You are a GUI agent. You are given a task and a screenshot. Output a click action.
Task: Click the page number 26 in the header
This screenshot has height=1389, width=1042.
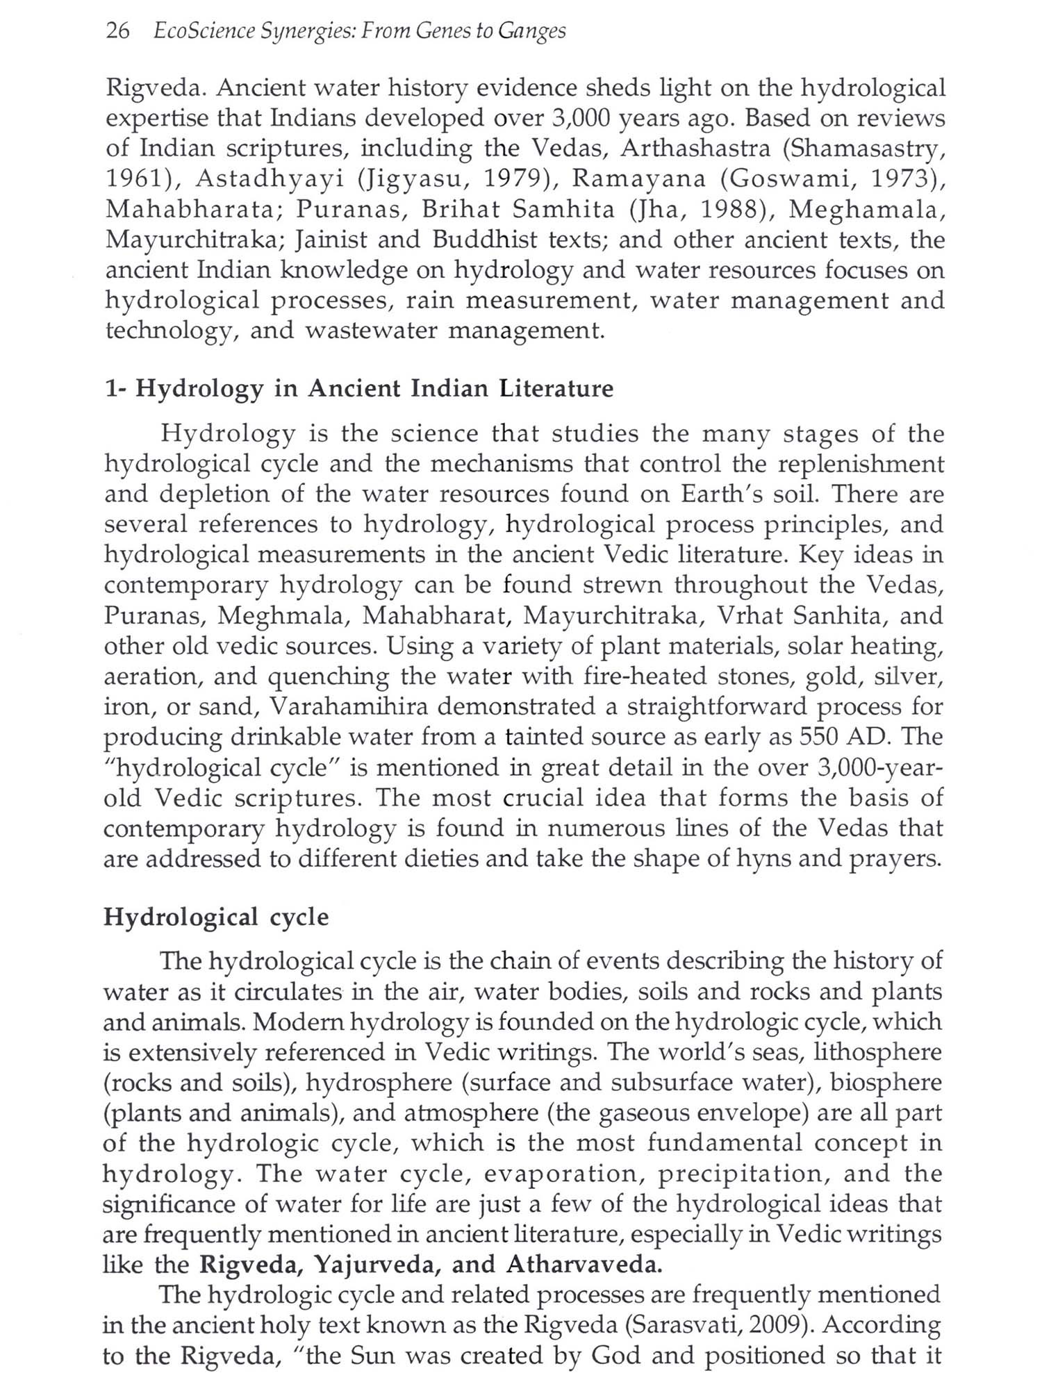pos(117,31)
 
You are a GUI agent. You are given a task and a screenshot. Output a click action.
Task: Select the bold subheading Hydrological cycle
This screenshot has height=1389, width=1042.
pos(216,917)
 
